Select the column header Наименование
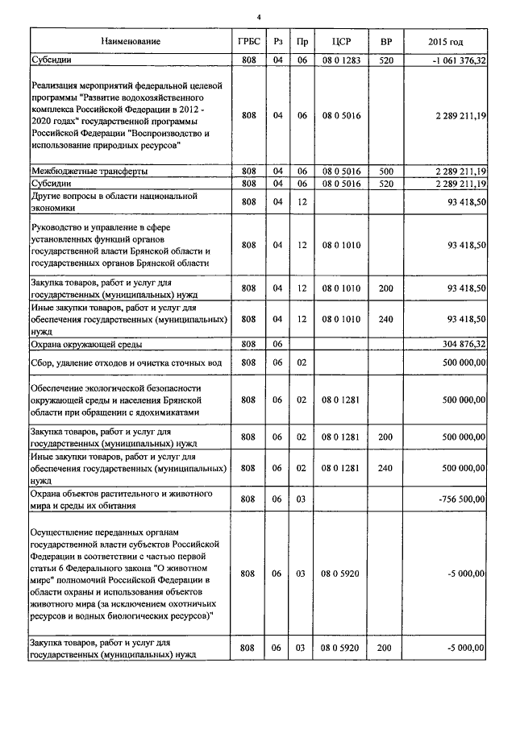(x=131, y=41)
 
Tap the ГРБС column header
(x=249, y=41)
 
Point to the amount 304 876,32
(x=460, y=344)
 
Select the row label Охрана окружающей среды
(x=86, y=344)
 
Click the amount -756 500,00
(x=460, y=499)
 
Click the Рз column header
(x=278, y=41)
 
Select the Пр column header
(x=302, y=41)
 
